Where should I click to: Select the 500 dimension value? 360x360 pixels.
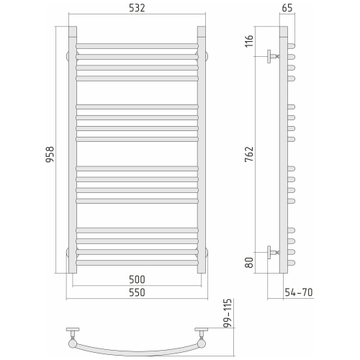click(x=136, y=279)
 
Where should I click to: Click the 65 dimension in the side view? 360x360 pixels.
click(x=286, y=9)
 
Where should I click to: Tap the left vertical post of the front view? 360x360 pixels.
click(x=72, y=151)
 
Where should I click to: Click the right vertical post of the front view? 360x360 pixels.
click(x=201, y=151)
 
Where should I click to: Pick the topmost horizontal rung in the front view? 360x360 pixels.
click(x=136, y=46)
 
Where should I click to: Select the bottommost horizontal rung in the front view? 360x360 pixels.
click(x=136, y=263)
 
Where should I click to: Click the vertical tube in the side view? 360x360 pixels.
click(x=284, y=151)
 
